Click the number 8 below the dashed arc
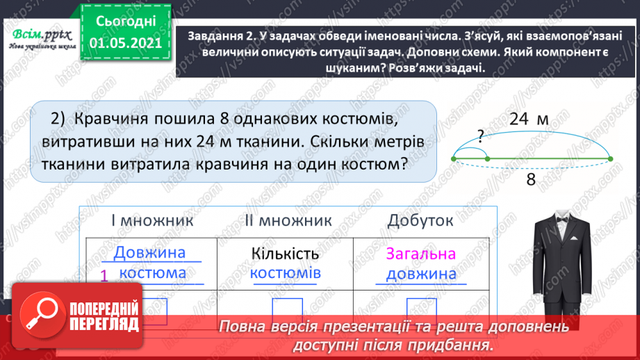(530, 179)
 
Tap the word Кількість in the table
(286, 253)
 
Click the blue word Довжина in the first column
(150, 253)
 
